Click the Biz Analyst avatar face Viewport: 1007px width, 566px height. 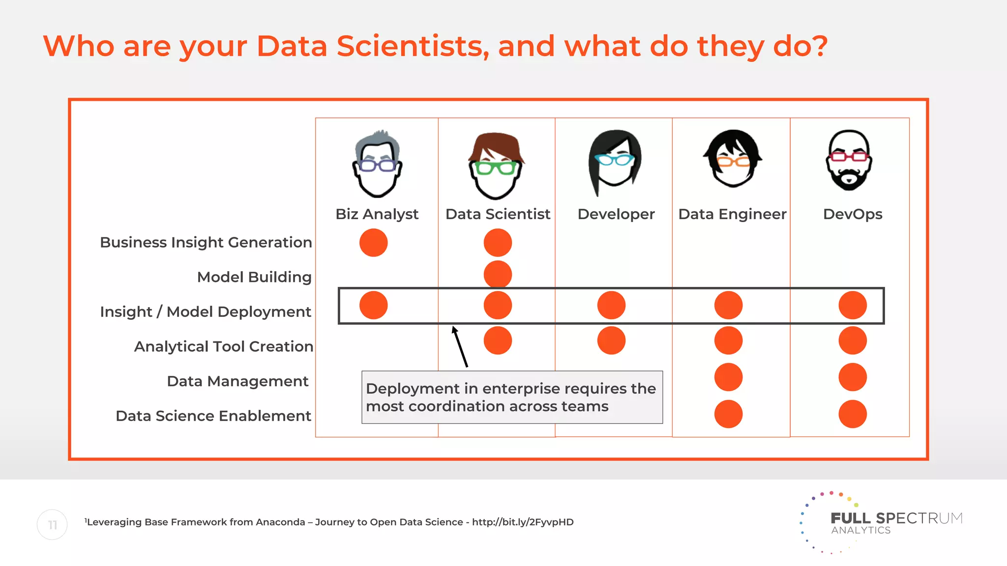(377, 165)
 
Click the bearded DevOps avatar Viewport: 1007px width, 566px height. (849, 161)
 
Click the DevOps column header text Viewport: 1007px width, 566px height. (853, 214)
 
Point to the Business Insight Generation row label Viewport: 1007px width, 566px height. (206, 242)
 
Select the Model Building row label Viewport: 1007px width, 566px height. (254, 277)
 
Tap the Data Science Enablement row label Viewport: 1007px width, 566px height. (213, 416)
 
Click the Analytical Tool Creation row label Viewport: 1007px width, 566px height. (223, 346)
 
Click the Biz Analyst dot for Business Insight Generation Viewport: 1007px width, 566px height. (373, 243)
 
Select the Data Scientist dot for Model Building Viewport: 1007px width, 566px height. (498, 274)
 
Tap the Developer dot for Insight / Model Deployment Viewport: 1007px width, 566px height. (611, 305)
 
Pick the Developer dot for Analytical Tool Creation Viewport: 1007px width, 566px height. (611, 340)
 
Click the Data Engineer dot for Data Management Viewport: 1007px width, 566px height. (728, 377)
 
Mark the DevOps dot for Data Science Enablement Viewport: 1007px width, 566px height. (853, 414)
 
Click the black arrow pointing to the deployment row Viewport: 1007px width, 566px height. (460, 347)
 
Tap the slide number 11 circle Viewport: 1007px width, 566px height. (52, 525)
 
